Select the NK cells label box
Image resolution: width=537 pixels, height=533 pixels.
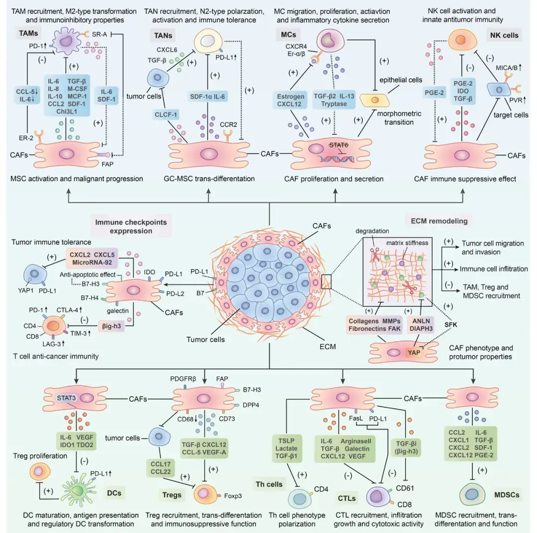point(504,35)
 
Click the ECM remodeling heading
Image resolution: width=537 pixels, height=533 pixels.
point(437,220)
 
